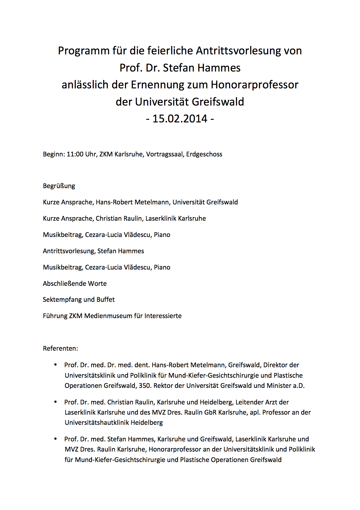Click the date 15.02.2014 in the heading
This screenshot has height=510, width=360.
(x=180, y=119)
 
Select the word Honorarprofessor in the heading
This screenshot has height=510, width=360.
(x=255, y=85)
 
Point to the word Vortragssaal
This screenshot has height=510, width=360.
(x=164, y=154)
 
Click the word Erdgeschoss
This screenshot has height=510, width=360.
(x=204, y=154)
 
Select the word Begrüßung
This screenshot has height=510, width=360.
(x=59, y=186)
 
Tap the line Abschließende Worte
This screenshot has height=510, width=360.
(x=75, y=283)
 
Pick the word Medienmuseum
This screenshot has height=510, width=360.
(x=108, y=316)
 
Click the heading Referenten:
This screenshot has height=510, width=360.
(x=60, y=348)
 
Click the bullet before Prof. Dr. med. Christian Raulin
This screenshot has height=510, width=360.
(x=55, y=402)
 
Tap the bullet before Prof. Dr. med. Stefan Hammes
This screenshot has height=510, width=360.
(x=55, y=439)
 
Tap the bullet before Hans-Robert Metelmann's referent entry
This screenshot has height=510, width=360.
(x=55, y=365)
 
